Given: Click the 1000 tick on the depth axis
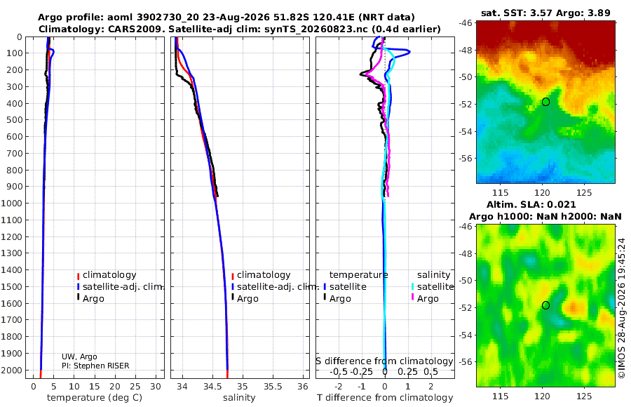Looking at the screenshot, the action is click(x=11, y=203).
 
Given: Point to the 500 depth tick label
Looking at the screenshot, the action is click(x=14, y=120).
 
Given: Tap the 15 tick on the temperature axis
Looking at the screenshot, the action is click(x=94, y=386).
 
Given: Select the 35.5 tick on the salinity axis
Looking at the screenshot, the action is click(x=273, y=386).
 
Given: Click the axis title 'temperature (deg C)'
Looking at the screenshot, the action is click(x=95, y=398).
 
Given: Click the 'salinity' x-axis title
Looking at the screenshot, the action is click(x=239, y=398).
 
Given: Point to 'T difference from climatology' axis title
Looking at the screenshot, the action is click(x=385, y=398).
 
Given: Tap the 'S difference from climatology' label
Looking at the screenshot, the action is click(x=384, y=361).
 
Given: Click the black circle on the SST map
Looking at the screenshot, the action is click(x=545, y=102).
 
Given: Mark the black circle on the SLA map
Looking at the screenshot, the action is click(x=545, y=305).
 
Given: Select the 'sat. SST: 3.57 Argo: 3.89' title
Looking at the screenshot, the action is click(x=545, y=13).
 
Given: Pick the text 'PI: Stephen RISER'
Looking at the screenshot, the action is click(x=95, y=366).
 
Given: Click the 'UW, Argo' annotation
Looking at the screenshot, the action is click(x=79, y=356).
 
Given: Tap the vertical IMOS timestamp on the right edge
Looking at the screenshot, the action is click(x=622, y=308).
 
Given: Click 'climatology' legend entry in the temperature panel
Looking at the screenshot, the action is click(x=107, y=275).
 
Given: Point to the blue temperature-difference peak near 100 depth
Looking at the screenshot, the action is click(x=409, y=52).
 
